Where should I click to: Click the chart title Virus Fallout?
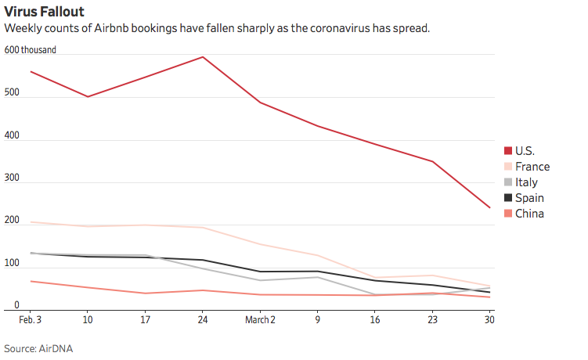click(x=45, y=12)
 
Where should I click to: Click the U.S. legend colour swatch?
click(x=508, y=150)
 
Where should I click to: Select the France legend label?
click(x=532, y=166)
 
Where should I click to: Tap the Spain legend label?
click(x=529, y=197)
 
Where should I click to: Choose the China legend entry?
click(x=529, y=213)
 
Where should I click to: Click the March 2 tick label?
click(x=260, y=320)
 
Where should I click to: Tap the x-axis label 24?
click(x=203, y=320)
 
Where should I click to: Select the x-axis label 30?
click(x=489, y=320)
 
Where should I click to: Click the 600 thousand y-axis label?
click(x=31, y=50)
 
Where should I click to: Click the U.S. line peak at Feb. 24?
click(x=204, y=56)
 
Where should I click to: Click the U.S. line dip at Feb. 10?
click(x=88, y=96)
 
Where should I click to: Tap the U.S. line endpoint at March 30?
click(x=490, y=207)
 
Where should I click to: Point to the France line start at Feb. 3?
click(x=30, y=222)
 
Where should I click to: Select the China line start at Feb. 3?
click(x=30, y=281)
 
